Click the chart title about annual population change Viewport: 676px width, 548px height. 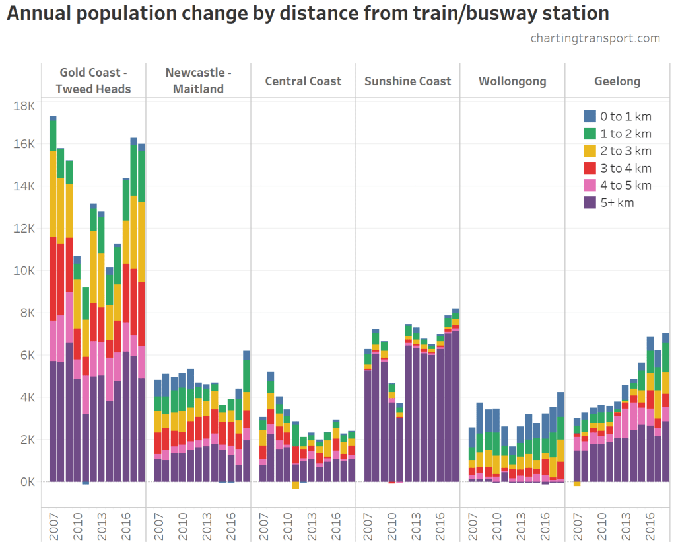308,14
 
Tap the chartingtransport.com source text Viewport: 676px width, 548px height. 595,38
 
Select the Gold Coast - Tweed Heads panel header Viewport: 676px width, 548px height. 93,81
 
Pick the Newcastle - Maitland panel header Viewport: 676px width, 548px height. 198,81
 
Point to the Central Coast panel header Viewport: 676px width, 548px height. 303,81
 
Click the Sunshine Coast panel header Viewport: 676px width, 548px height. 407,81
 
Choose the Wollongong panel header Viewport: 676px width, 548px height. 512,81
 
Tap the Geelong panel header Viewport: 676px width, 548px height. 617,81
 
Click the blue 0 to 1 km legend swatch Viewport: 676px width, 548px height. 590,116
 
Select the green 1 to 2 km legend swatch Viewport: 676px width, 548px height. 590,134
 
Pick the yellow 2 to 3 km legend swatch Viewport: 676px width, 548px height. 590,151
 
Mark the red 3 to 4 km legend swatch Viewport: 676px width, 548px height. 590,168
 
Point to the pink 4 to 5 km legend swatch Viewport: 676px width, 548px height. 590,185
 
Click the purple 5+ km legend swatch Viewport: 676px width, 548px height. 590,202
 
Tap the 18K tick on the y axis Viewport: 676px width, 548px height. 24,106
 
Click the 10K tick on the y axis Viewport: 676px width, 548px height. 24,271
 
